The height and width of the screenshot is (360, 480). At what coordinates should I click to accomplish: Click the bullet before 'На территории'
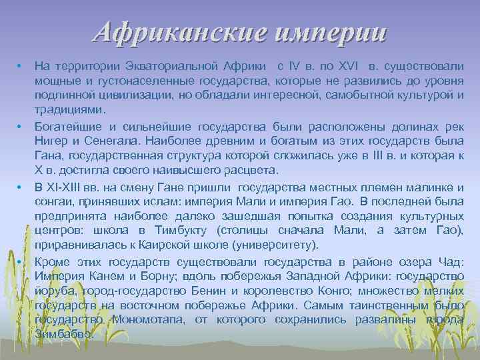pos(21,67)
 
